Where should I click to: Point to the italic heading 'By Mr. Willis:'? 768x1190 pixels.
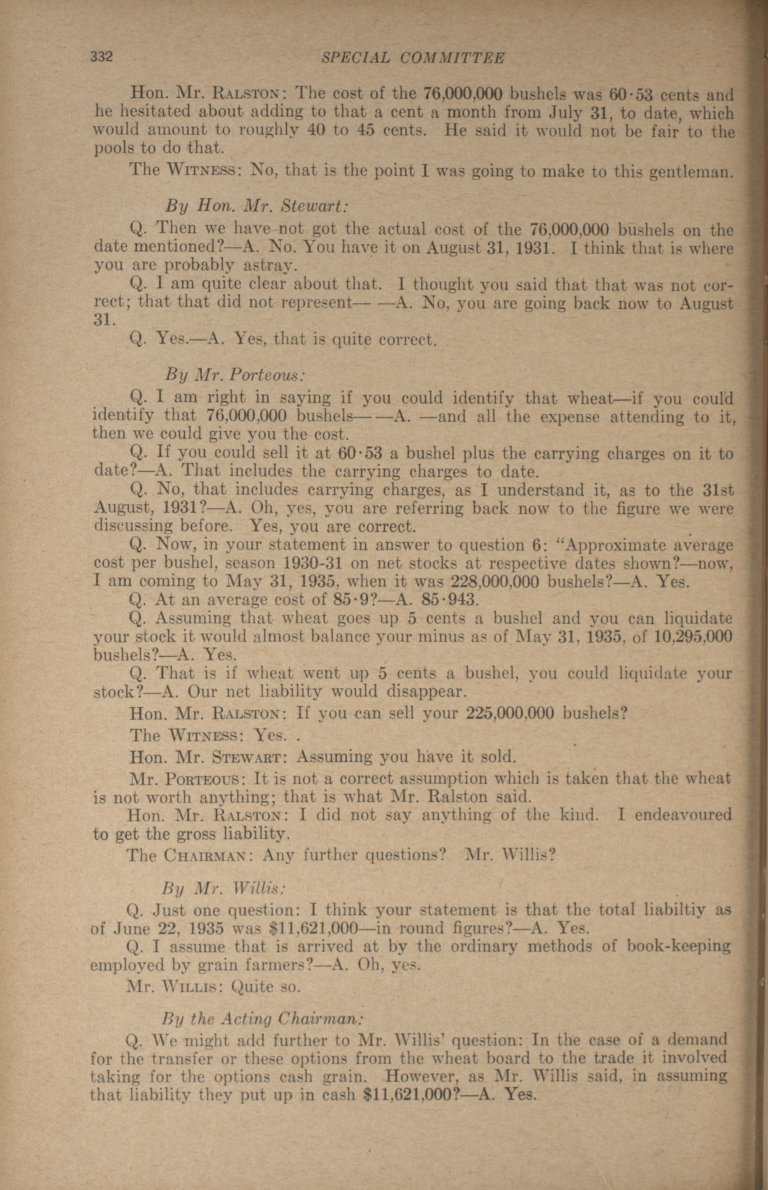tap(223, 889)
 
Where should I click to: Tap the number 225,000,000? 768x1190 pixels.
tap(509, 713)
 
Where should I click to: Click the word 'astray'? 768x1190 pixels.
tap(269, 265)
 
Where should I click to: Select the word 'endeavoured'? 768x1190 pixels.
tap(683, 815)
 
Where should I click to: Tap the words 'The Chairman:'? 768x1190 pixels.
tap(191, 856)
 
